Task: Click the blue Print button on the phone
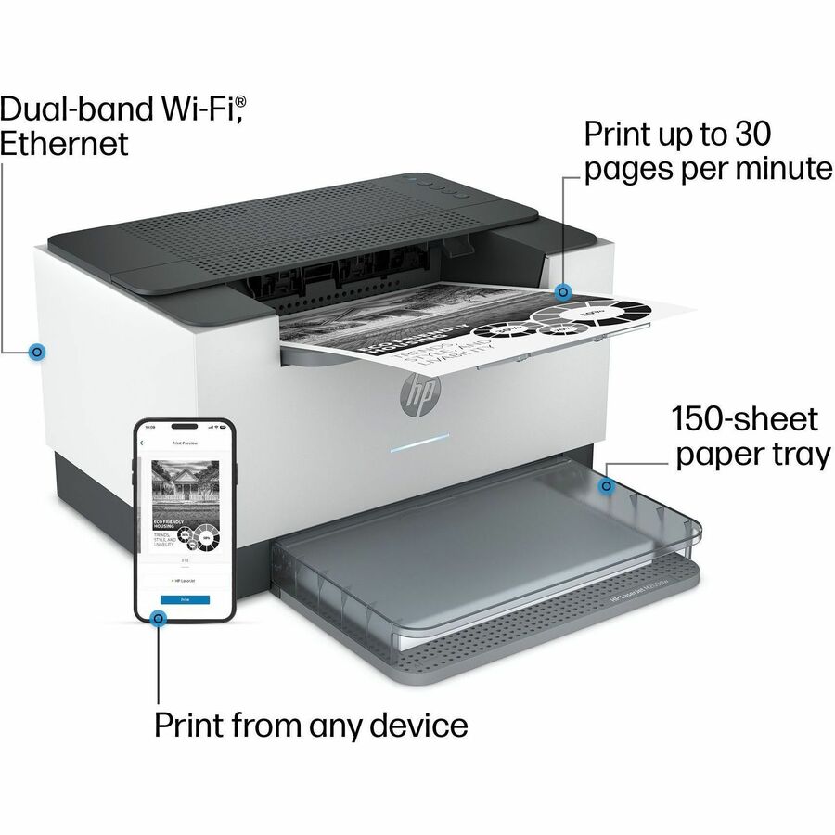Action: click(x=185, y=600)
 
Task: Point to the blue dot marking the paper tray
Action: click(x=608, y=485)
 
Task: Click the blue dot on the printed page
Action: click(x=562, y=292)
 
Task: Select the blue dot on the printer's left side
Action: click(x=37, y=352)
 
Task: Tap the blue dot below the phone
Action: click(x=159, y=617)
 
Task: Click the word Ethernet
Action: click(x=64, y=145)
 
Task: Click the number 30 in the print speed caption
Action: click(x=751, y=134)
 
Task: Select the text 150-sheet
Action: click(x=745, y=418)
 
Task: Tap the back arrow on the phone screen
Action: click(x=142, y=443)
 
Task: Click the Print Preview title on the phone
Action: click(x=185, y=444)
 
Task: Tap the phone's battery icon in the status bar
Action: click(x=223, y=428)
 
